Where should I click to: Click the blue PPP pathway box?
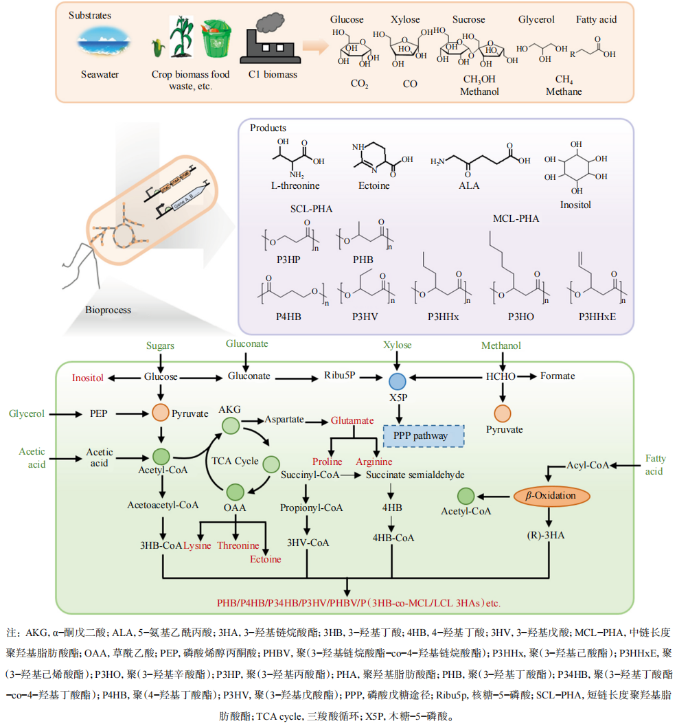pyautogui.click(x=424, y=435)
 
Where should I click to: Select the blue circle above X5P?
pyautogui.click(x=398, y=381)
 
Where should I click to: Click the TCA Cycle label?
pyautogui.click(x=236, y=461)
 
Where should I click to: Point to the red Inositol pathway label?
pyautogui.click(x=88, y=378)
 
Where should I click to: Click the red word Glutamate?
pyautogui.click(x=352, y=420)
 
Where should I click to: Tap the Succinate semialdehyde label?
pyautogui.click(x=415, y=475)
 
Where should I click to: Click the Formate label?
pyautogui.click(x=558, y=376)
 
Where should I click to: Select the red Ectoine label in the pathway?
pyautogui.click(x=266, y=558)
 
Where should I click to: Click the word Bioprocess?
pyautogui.click(x=108, y=310)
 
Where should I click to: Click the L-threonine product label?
pyautogui.click(x=295, y=185)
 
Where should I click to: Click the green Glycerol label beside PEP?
pyautogui.click(x=27, y=413)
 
